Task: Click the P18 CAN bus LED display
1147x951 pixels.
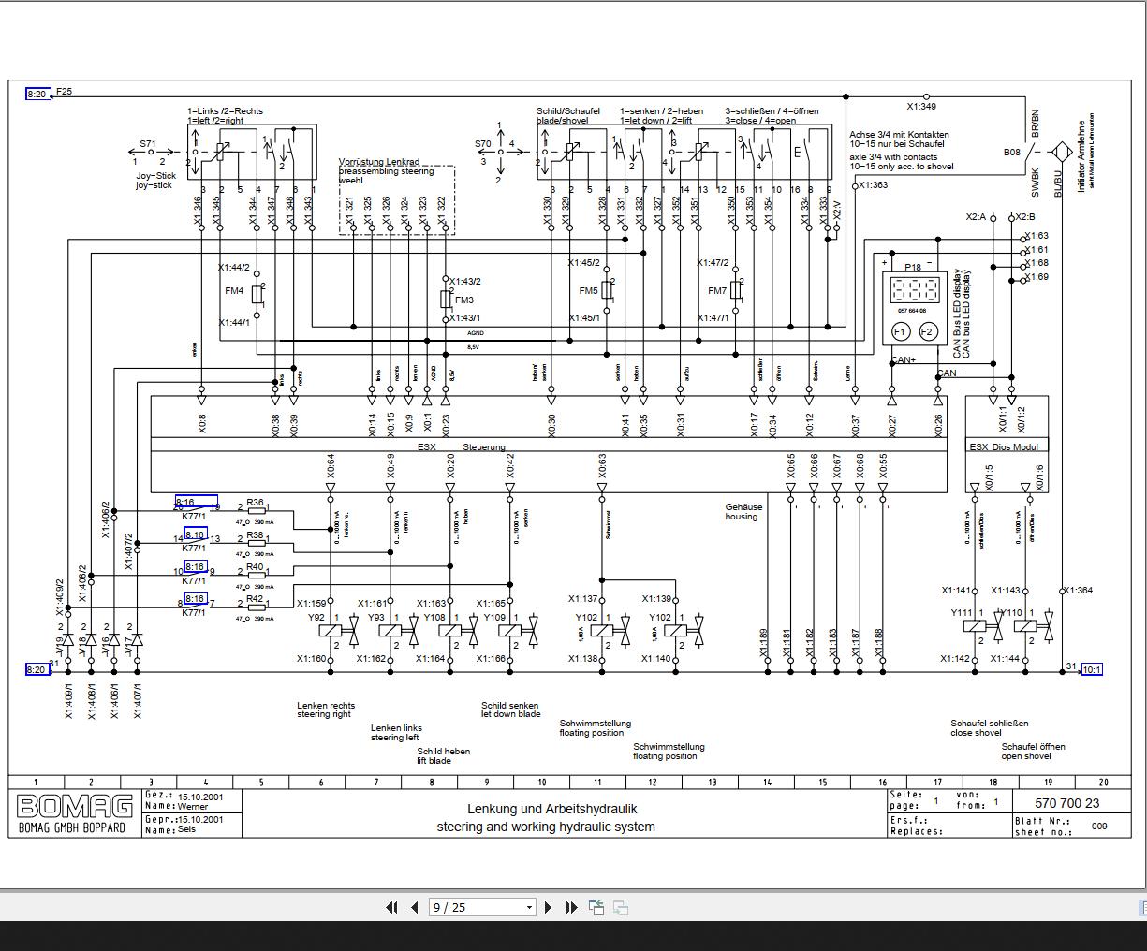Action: [913, 288]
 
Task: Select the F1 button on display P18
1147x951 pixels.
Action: [899, 331]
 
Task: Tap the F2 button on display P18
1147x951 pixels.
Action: [927, 331]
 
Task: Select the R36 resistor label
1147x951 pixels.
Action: [255, 503]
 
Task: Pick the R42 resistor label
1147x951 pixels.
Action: [255, 599]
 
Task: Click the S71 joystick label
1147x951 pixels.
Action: [149, 145]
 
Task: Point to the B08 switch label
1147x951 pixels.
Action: [1012, 152]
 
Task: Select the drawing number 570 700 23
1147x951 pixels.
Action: [1067, 803]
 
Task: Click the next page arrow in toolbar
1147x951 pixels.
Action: [548, 907]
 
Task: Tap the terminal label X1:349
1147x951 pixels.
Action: [922, 107]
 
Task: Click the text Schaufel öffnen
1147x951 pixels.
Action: [1033, 746]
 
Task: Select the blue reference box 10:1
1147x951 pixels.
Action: [1092, 669]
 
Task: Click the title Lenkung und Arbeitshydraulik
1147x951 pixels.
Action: [545, 809]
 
